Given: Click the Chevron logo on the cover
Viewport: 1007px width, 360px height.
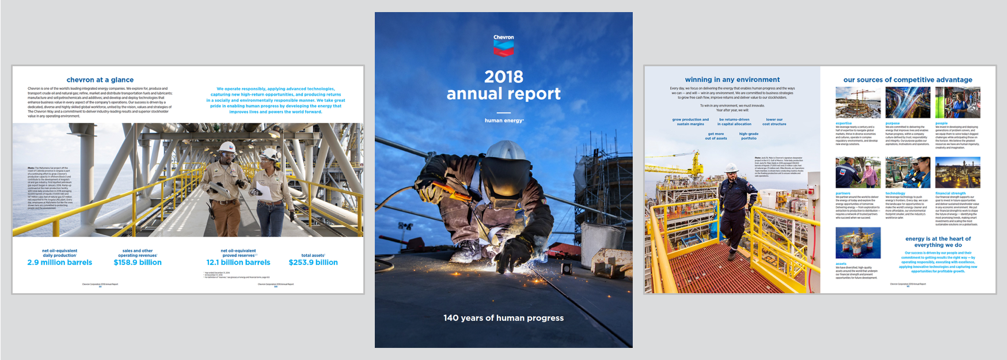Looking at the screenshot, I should pyautogui.click(x=503, y=46).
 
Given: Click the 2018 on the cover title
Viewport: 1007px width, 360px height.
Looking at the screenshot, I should pyautogui.click(x=503, y=77).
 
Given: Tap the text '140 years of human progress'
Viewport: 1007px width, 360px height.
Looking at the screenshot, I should pyautogui.click(x=503, y=318).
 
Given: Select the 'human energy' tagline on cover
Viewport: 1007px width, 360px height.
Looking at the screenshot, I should pyautogui.click(x=504, y=120).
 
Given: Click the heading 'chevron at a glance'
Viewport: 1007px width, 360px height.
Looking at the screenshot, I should pyautogui.click(x=100, y=80).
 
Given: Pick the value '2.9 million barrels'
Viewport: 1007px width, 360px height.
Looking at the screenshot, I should pyautogui.click(x=60, y=263).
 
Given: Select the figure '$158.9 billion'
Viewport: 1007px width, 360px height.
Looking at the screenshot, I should pyautogui.click(x=138, y=263).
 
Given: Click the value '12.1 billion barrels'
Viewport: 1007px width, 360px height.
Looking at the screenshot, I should pyautogui.click(x=238, y=263).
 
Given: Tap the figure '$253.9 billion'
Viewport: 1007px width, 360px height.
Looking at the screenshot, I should pyautogui.click(x=313, y=263).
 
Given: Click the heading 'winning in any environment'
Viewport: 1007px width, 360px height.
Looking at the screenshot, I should pyautogui.click(x=732, y=80).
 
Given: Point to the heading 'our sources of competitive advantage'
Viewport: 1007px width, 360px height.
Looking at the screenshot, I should pyautogui.click(x=908, y=80).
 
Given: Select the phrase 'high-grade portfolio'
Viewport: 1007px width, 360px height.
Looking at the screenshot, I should pyautogui.click(x=748, y=136).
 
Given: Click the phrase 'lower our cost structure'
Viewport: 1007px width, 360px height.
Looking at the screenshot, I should pyautogui.click(x=774, y=122).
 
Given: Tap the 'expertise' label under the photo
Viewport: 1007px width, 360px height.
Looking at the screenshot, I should pyautogui.click(x=843, y=123).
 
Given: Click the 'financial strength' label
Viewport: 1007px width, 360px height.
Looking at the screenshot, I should pyautogui.click(x=951, y=194).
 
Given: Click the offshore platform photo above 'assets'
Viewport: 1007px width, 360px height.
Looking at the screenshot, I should pyautogui.click(x=858, y=242).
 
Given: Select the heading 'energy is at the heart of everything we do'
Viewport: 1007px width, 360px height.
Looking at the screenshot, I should pyautogui.click(x=938, y=242).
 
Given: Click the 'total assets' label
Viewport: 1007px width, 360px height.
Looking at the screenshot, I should pyautogui.click(x=313, y=255).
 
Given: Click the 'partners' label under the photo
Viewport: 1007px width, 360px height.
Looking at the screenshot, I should pyautogui.click(x=843, y=194).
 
